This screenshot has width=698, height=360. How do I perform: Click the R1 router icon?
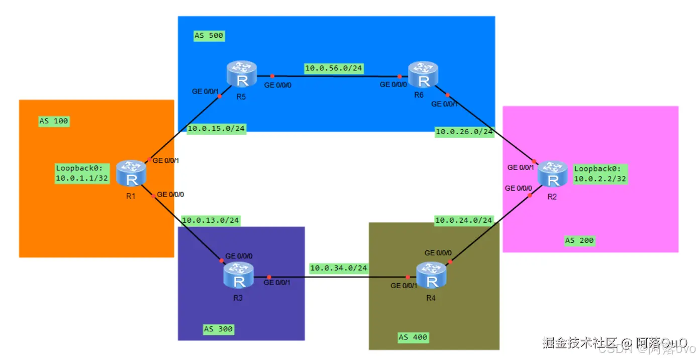click(131, 173)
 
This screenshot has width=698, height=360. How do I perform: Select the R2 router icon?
click(552, 174)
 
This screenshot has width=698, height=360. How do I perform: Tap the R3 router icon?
click(239, 276)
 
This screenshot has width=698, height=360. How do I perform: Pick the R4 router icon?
click(432, 276)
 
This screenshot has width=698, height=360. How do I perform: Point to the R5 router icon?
click(242, 74)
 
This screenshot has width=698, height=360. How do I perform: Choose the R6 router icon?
click(423, 74)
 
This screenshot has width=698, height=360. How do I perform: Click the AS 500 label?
click(209, 36)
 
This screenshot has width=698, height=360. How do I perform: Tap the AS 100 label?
click(54, 121)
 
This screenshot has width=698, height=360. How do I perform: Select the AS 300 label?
click(218, 329)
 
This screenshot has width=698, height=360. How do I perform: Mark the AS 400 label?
click(413, 337)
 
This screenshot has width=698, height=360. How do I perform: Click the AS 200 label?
click(579, 241)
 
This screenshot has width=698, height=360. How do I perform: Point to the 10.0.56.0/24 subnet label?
click(334, 68)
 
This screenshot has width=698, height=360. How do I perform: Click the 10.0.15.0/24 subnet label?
click(216, 129)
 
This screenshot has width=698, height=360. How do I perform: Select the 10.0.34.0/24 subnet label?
click(339, 268)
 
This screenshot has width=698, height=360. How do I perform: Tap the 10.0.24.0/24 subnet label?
click(464, 220)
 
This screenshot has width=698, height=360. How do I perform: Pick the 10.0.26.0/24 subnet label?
click(464, 132)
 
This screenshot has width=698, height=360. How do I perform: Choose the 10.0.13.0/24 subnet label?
click(211, 220)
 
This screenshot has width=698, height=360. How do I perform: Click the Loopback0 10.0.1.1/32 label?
click(82, 173)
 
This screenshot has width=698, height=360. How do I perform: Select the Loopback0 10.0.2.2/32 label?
click(600, 174)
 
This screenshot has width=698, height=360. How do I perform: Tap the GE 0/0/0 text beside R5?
click(277, 85)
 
